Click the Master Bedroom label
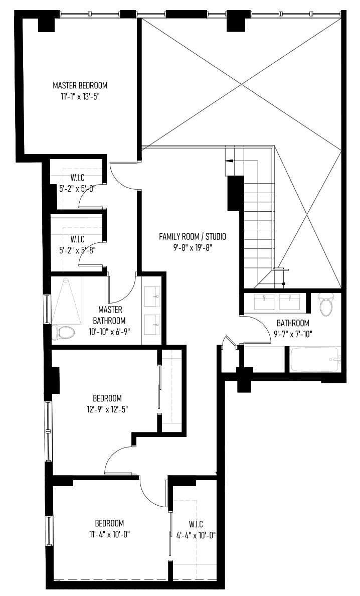tap(80, 85)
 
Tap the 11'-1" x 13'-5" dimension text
tap(80, 96)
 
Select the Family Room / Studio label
tap(192, 237)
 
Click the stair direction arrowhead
tap(229, 161)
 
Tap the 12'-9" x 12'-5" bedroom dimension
tap(107, 409)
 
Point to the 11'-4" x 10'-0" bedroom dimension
tap(107, 534)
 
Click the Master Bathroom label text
tap(110, 315)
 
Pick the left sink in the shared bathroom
tap(264, 302)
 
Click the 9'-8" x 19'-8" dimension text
tap(192, 248)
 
